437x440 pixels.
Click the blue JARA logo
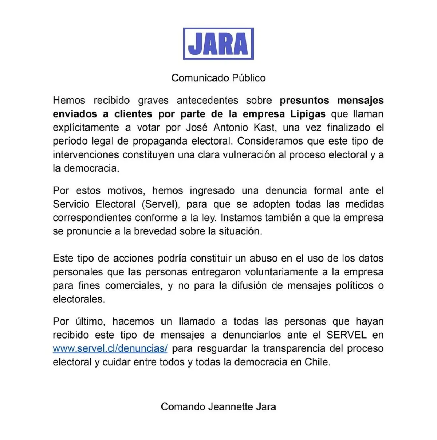[x=218, y=44]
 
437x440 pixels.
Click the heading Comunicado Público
[x=218, y=78]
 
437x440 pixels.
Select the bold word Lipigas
[x=308, y=114]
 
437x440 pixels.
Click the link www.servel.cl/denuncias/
[x=110, y=348]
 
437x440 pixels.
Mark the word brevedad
[x=155, y=231]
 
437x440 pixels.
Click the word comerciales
[x=133, y=286]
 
